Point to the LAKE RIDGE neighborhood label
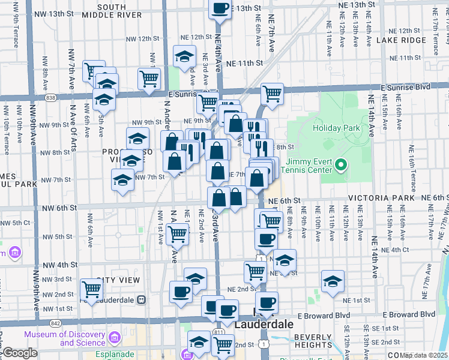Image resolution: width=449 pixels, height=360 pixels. [x=401, y=40]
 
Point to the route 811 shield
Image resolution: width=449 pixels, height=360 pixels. [x=218, y=332]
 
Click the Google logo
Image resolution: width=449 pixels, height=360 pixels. [x=19, y=353]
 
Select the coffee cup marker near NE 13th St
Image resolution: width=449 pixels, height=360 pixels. [x=220, y=8]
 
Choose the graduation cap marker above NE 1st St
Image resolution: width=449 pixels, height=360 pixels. [x=332, y=281]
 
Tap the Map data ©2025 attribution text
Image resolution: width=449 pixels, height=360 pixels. [x=423, y=355]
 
